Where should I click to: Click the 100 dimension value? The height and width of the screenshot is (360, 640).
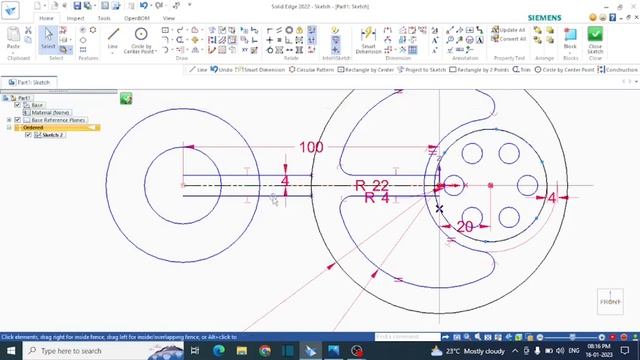[311, 147]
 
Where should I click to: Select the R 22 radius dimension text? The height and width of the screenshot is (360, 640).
[372, 185]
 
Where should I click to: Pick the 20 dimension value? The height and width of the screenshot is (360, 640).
[464, 227]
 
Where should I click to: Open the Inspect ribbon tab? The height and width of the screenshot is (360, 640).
[76, 18]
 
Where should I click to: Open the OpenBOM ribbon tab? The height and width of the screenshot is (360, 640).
[137, 18]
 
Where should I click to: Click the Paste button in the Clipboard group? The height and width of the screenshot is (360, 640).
[13, 39]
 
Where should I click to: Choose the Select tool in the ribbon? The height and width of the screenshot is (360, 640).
[48, 39]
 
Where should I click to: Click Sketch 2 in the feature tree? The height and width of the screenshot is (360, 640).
[53, 135]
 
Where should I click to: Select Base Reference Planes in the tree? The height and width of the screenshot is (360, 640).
[57, 120]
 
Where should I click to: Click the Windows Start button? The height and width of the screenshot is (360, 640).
[9, 351]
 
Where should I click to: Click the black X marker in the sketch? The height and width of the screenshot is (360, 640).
[439, 208]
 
